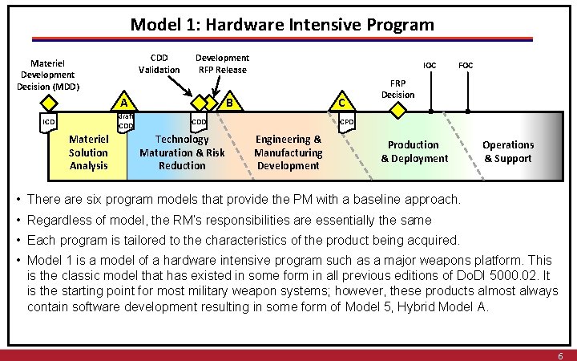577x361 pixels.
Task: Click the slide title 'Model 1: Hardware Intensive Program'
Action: tap(282, 24)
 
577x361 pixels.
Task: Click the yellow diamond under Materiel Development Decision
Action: tap(50, 102)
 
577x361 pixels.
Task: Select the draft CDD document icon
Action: tap(126, 122)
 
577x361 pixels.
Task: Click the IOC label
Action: tap(430, 65)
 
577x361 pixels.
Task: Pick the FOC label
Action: tap(466, 65)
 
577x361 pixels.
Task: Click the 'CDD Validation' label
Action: tap(159, 63)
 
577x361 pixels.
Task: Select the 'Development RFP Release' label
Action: tap(222, 63)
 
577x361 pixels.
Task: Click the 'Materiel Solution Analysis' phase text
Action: tap(88, 152)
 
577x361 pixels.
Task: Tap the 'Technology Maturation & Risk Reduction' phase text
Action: tap(182, 152)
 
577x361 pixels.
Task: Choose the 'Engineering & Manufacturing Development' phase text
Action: tap(288, 152)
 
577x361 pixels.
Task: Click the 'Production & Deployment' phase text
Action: tap(414, 152)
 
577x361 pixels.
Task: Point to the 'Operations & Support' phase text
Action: tap(507, 152)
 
